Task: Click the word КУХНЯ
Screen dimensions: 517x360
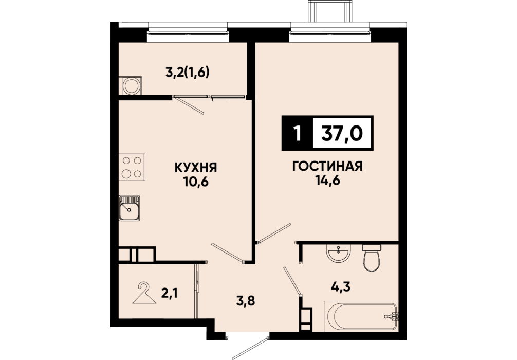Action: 195,168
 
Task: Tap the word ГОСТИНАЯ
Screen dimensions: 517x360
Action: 327,166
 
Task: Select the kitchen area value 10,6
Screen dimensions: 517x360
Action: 197,182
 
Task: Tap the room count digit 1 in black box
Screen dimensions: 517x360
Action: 298,134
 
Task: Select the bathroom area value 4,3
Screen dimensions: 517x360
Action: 340,287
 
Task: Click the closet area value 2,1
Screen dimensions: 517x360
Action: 170,292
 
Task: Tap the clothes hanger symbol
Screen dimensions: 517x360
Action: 144,293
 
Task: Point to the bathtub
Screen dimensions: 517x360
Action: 361,316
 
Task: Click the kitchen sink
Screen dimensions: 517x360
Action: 130,208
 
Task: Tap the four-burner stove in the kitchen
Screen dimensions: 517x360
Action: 132,167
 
